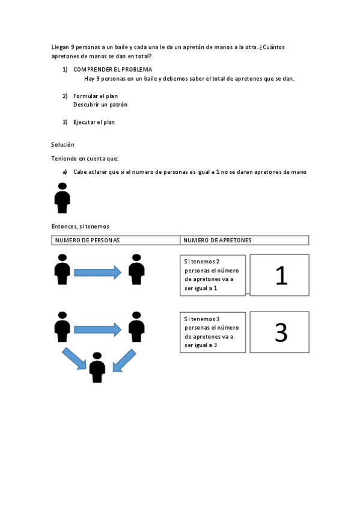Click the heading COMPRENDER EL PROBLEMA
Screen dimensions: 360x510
point(112,70)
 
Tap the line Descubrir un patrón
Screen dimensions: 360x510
point(100,105)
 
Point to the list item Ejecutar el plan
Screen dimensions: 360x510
point(94,122)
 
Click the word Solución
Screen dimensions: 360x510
point(63,144)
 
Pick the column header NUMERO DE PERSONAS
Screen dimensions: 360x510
point(87,240)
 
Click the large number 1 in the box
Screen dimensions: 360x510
point(280,275)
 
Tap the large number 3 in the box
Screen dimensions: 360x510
point(280,333)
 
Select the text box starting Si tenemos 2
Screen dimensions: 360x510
point(213,275)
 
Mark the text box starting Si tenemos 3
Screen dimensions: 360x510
point(213,332)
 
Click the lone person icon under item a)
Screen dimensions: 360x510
point(62,198)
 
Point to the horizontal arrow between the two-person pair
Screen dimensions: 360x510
point(97,272)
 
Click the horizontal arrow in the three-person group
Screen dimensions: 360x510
point(97,330)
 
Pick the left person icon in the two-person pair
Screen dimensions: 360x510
point(62,269)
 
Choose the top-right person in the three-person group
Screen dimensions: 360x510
point(136,327)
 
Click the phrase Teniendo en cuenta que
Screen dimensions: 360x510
point(85,158)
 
